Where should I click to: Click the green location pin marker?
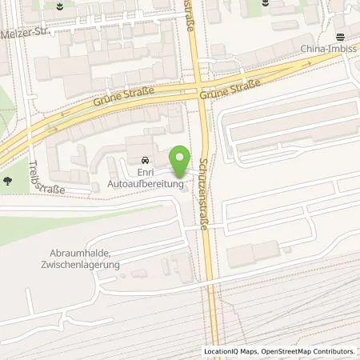180,162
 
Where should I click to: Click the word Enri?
145,172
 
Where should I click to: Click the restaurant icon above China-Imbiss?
339,35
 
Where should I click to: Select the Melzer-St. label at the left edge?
26,35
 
